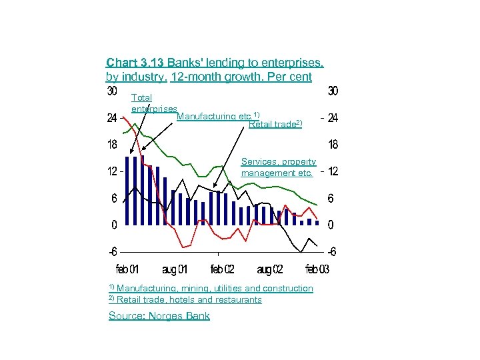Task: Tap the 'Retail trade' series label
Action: point(275,123)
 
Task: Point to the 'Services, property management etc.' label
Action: point(278,167)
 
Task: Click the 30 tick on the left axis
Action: point(112,91)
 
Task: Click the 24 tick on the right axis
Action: point(333,118)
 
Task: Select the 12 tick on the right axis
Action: point(333,171)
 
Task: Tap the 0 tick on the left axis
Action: point(114,225)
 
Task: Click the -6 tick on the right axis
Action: point(331,252)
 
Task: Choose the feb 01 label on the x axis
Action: point(127,269)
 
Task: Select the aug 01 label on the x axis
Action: point(175,269)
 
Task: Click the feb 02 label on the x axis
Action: point(222,269)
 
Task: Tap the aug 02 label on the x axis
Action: point(269,269)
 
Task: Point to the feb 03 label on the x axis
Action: point(317,269)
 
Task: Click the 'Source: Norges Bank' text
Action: point(159,316)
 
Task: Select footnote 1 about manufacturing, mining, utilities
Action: point(211,288)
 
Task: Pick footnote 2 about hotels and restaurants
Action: point(185,299)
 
